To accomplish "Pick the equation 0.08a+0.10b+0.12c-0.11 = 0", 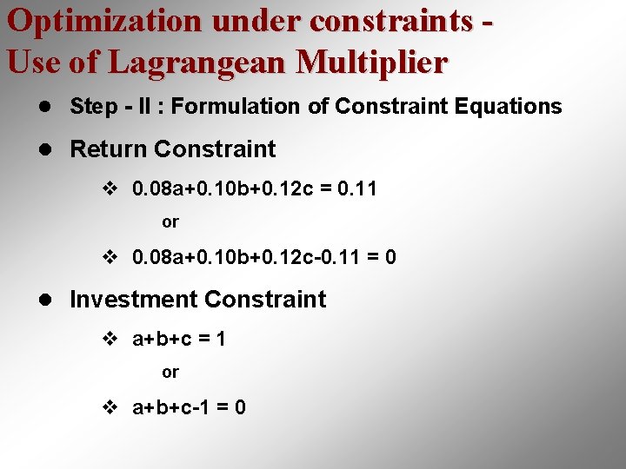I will click(263, 257).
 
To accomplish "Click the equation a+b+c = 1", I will click(178, 339).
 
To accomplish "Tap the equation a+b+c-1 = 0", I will click(188, 406).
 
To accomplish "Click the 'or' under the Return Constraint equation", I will click(170, 222).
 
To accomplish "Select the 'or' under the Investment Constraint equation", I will click(170, 373).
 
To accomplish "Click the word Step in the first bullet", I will click(91, 107).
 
